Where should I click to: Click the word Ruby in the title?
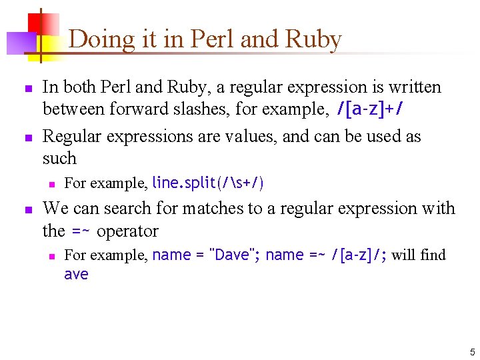(313, 39)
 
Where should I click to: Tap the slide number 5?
(472, 351)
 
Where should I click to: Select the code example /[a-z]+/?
(370, 109)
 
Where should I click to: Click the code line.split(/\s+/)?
(208, 183)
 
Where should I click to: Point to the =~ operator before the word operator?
(81, 232)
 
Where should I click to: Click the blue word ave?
(76, 274)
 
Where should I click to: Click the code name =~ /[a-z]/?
(326, 255)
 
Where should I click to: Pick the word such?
(59, 159)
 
